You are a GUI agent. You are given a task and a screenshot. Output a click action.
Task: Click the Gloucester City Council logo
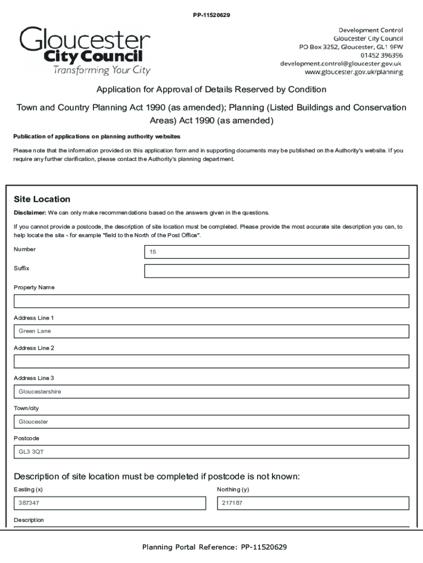tap(85, 51)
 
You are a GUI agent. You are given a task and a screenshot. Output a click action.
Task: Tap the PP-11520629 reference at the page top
tap(211, 15)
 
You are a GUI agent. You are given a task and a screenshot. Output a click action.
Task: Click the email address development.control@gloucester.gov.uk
tap(341, 64)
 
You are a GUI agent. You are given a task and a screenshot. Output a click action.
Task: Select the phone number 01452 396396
tap(381, 56)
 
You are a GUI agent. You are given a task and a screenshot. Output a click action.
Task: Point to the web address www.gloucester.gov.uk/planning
tap(353, 72)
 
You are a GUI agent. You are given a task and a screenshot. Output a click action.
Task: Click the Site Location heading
tap(42, 199)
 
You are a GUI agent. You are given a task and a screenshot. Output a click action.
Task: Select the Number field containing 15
tap(276, 252)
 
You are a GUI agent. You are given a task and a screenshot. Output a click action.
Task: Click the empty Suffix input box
tap(276, 271)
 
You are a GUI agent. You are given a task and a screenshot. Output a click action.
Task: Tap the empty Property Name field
tap(211, 301)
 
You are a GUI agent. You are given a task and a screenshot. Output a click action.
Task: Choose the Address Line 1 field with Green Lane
tap(211, 331)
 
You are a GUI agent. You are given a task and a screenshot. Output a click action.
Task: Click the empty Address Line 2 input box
tap(211, 361)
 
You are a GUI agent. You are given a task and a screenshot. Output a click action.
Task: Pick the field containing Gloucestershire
tap(211, 391)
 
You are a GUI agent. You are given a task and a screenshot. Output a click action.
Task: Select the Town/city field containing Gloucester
tap(211, 422)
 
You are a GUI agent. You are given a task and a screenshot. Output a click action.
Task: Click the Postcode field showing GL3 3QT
tap(211, 452)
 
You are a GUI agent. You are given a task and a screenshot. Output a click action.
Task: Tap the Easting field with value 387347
tap(109, 503)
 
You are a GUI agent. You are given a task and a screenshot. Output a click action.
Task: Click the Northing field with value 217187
tap(313, 503)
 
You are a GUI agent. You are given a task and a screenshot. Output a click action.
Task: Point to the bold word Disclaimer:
tap(30, 213)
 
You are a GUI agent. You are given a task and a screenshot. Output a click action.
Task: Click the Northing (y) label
tap(233, 489)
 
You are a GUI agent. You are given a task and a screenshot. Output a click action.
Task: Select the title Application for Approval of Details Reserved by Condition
tap(211, 90)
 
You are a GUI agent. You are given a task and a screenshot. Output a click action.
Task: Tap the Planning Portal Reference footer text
tap(214, 547)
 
